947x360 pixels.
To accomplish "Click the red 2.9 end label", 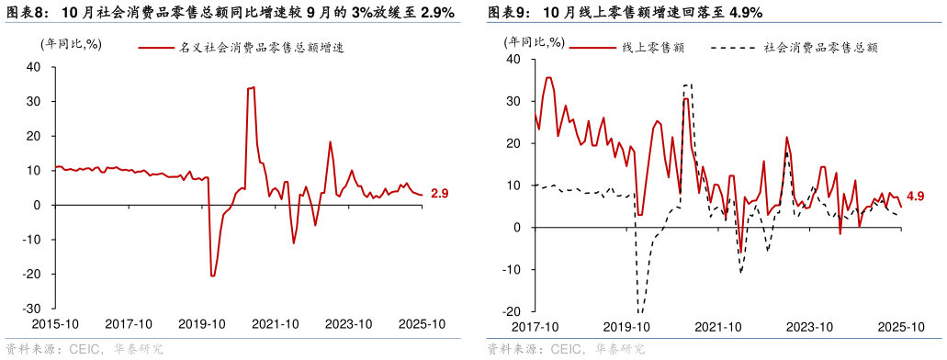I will click(x=439, y=194).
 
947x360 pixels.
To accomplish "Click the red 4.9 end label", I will click(x=915, y=197).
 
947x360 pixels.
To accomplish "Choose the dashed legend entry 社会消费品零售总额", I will click(x=820, y=48).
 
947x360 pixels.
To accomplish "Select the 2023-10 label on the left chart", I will click(x=348, y=324).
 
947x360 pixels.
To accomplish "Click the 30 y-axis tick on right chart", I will click(x=513, y=101).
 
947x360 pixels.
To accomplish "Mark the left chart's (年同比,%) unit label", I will click(x=70, y=43).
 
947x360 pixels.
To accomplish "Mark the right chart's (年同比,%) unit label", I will click(x=535, y=41).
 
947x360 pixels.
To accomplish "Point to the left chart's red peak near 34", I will click(x=251, y=88).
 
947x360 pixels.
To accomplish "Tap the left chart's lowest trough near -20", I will click(x=213, y=276).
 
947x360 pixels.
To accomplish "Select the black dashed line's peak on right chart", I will click(x=687, y=84).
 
